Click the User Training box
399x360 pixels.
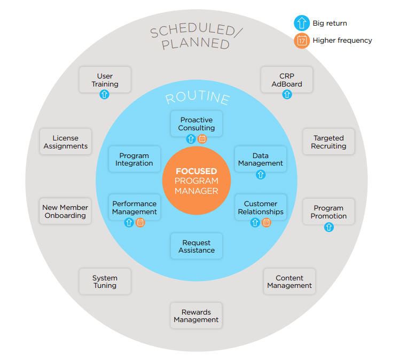coord(105,80)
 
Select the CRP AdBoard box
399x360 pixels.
coord(287,80)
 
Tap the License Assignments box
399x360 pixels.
coord(66,142)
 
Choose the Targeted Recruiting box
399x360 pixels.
coord(328,142)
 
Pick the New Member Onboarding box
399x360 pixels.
coord(66,212)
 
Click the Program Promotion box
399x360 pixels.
coord(328,212)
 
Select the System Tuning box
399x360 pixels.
coord(105,281)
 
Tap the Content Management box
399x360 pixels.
coord(290,281)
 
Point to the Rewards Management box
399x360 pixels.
coord(196,316)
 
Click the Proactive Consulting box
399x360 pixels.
coord(197,124)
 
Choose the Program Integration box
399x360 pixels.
coord(134,159)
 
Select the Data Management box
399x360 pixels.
coord(261,159)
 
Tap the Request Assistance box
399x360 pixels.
coord(197,246)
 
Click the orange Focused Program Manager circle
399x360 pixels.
coord(197,181)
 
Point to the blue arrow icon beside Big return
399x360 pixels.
coord(302,24)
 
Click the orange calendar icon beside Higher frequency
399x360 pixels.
coord(302,41)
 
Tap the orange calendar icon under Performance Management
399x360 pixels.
coord(140,223)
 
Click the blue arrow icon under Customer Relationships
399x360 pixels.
coord(255,223)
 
